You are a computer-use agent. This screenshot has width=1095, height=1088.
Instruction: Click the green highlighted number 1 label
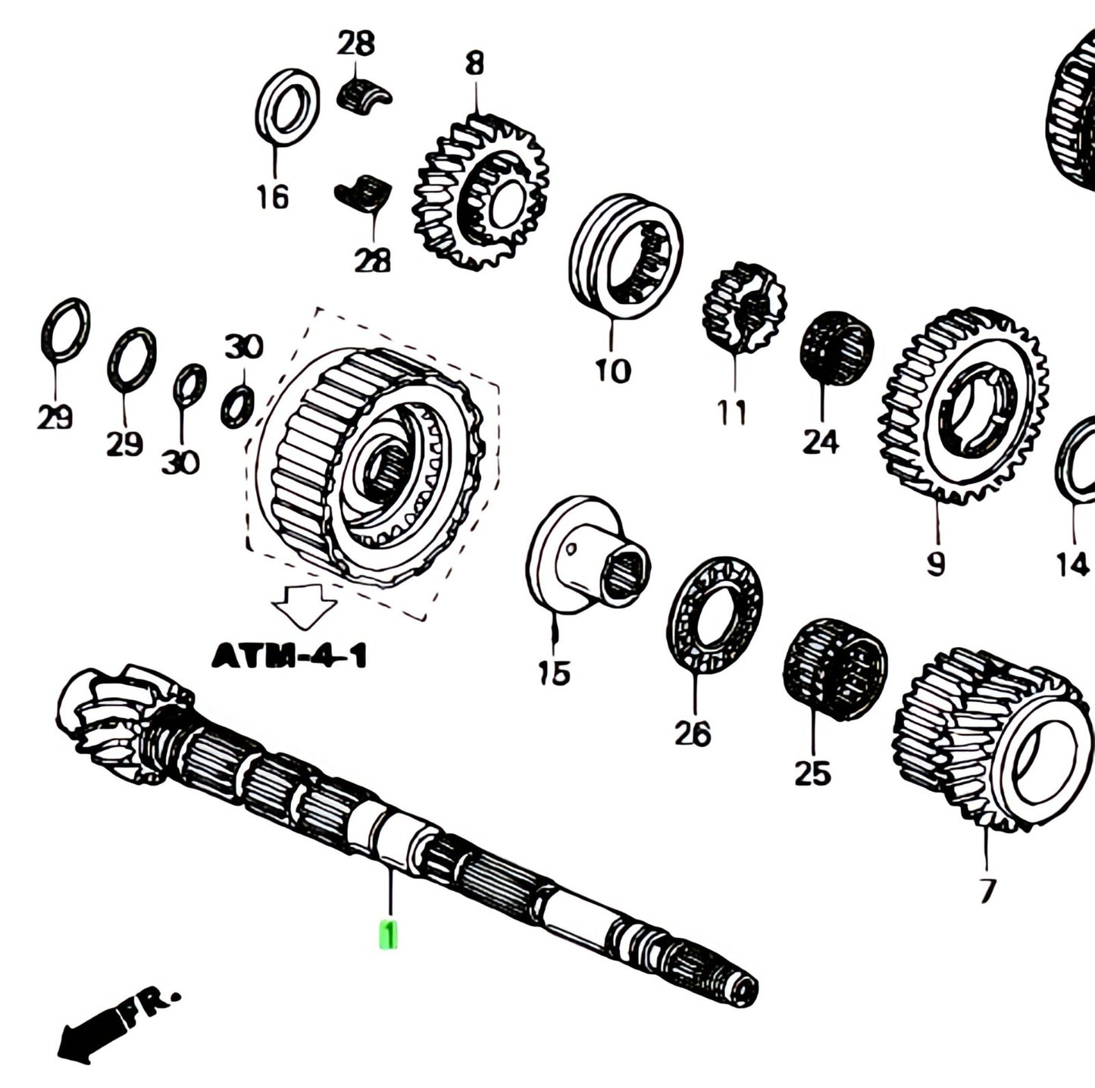388,934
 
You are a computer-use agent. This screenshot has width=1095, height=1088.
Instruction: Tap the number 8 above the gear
474,64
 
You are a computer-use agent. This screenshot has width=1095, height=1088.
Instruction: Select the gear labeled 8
480,192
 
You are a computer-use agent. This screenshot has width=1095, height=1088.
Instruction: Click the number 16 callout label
273,198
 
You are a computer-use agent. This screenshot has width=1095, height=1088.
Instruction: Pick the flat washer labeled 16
286,105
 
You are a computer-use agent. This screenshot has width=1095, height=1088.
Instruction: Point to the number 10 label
612,371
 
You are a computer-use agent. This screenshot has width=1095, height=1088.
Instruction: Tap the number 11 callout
733,414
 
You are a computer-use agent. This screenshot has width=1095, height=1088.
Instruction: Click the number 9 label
936,563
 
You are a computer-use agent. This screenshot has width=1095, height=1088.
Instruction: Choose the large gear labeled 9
963,405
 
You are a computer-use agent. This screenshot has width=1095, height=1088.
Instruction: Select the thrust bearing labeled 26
715,614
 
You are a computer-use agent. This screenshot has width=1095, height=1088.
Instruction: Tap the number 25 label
812,773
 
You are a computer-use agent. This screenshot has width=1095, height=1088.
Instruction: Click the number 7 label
986,890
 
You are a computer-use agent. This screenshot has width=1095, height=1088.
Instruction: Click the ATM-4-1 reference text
289,656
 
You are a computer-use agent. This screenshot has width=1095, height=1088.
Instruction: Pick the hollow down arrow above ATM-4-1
304,605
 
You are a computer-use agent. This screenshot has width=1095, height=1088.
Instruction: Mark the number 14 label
1072,564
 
